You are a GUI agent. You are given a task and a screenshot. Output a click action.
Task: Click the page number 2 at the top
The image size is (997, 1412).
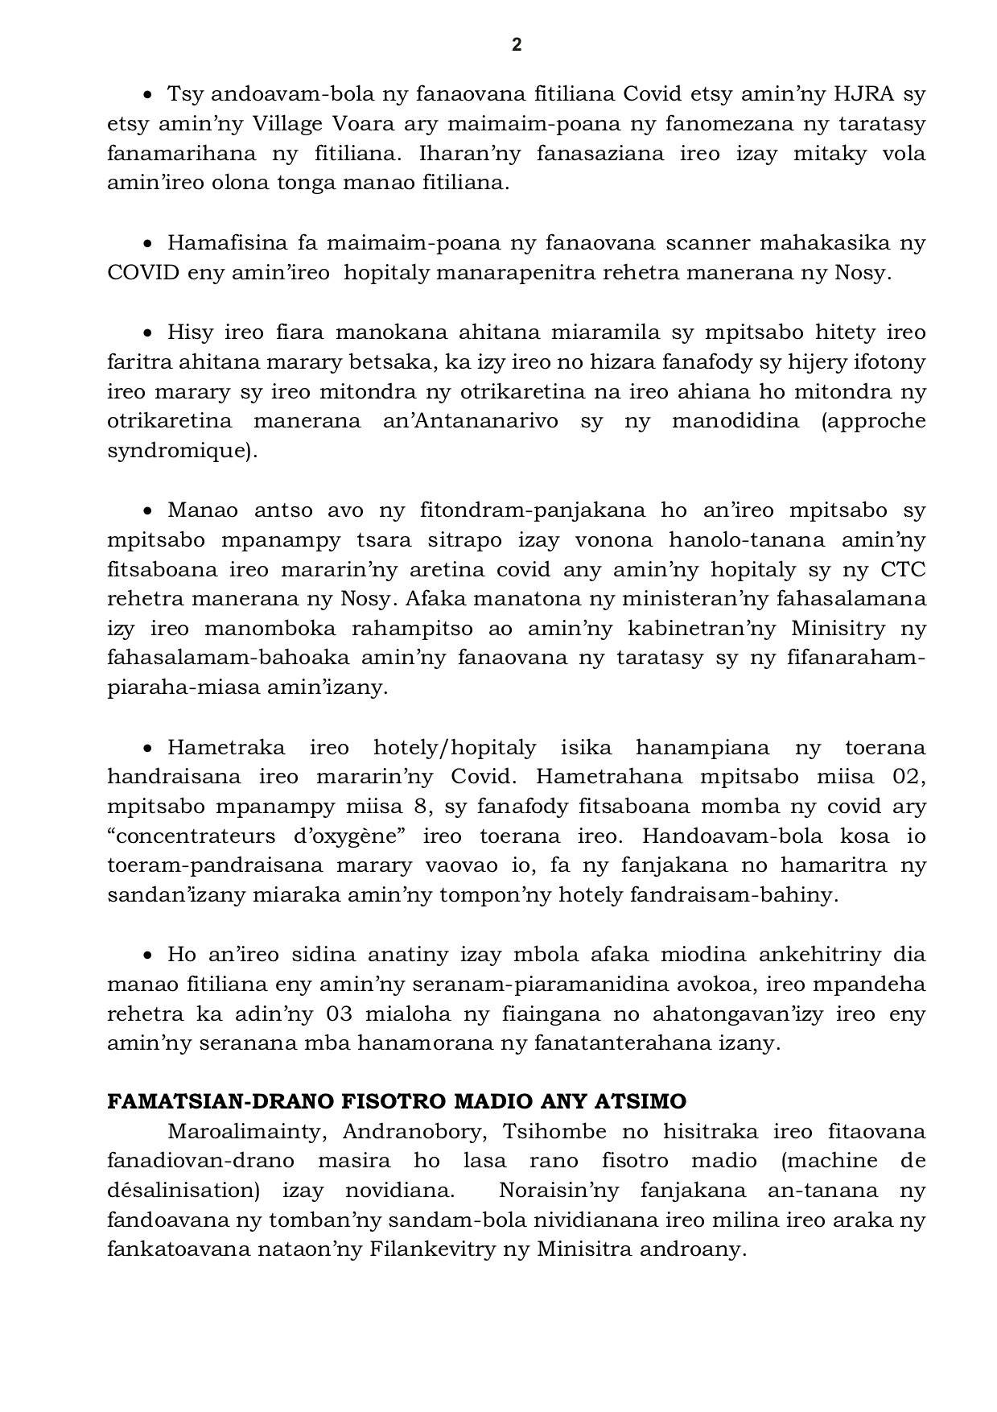click(517, 45)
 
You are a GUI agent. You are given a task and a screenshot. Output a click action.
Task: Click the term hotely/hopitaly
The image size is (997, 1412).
click(455, 747)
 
